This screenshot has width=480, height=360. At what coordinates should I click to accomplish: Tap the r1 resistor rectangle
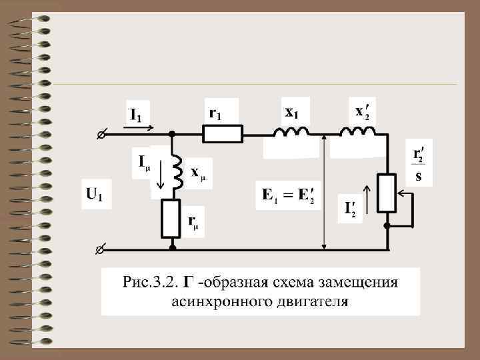click(x=223, y=134)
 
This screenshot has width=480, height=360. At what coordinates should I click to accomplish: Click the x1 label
click(x=291, y=113)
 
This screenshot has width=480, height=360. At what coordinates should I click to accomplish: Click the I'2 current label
click(x=350, y=209)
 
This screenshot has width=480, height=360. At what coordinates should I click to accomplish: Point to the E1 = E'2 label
click(x=288, y=196)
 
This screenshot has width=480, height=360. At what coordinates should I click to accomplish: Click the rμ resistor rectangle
click(x=172, y=219)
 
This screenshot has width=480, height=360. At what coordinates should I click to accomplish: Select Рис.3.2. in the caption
click(x=149, y=281)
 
